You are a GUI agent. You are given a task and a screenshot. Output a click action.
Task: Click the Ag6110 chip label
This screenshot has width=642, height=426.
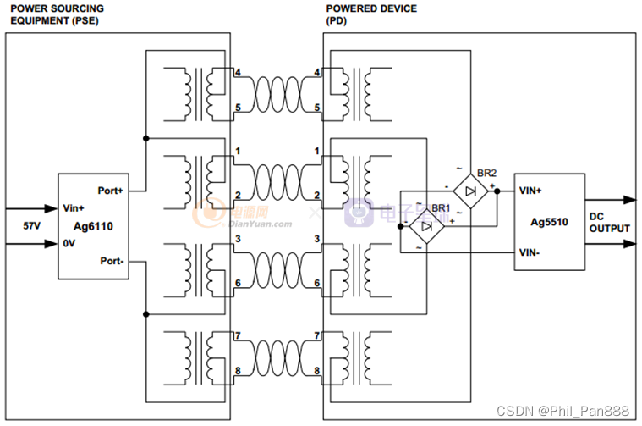point(94,226)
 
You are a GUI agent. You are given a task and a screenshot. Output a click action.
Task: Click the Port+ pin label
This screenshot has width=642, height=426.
point(111,191)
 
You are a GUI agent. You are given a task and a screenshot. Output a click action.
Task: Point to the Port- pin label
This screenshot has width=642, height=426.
point(112,262)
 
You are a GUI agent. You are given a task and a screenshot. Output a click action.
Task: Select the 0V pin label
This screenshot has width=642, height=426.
point(71,244)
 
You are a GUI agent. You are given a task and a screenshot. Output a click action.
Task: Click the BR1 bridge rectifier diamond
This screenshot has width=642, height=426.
point(426,226)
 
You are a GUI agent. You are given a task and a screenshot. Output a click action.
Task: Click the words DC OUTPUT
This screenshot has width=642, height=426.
point(609,222)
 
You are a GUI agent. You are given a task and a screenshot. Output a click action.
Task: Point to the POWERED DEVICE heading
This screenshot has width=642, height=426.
point(370,8)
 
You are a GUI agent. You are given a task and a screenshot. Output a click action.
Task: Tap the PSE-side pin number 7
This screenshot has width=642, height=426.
point(239,336)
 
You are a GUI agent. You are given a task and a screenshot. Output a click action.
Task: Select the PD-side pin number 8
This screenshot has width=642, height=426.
point(316,371)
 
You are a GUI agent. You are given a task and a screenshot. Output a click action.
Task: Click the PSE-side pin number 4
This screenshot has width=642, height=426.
point(239,73)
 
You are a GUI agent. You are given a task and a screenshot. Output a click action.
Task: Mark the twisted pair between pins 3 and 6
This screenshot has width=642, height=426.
point(277,263)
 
